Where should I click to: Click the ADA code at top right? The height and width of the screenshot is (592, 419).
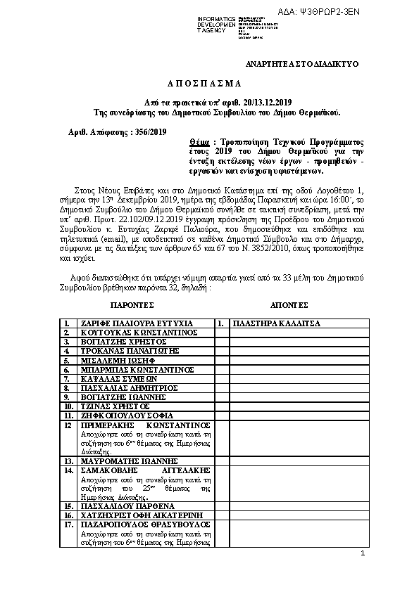coord(377,12)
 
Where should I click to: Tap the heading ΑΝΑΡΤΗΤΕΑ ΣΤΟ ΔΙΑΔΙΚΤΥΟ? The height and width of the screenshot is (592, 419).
coord(301,64)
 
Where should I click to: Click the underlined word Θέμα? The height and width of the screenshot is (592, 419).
coord(189,141)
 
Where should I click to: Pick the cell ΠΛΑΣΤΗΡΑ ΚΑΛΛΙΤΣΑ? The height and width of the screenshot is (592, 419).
coord(277,323)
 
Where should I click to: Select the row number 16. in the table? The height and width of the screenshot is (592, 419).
coord(69,515)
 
